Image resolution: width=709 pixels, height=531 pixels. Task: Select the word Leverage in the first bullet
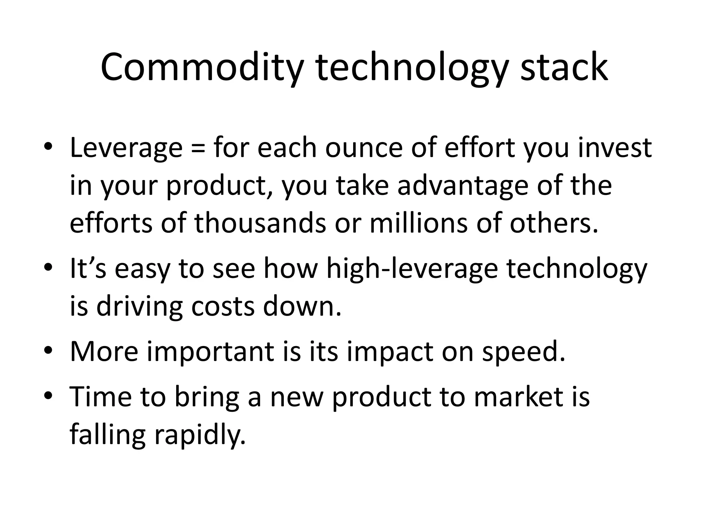126,148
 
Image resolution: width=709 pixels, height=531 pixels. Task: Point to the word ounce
364,148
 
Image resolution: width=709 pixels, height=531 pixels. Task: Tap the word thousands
260,223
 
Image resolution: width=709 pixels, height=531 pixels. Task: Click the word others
554,223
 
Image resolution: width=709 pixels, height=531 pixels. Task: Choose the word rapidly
199,435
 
